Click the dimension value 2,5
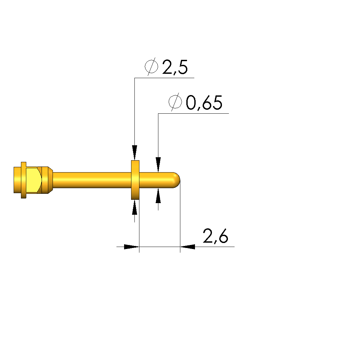click(175, 67)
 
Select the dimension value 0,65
click(204, 103)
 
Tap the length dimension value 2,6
click(216, 236)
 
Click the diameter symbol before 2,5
click(151, 66)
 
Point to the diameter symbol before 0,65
click(175, 102)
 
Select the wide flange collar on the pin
click(135, 180)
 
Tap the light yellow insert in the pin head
click(34, 180)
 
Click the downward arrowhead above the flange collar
click(135, 153)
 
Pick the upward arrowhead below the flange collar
click(135, 207)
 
